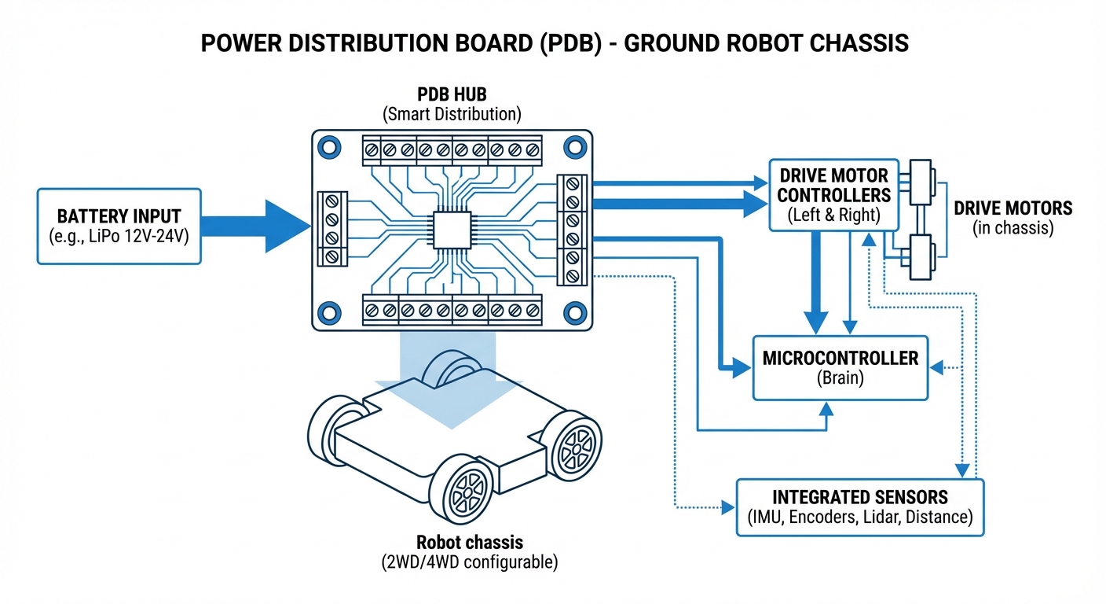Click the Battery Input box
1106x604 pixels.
119,226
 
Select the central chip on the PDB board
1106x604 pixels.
449,230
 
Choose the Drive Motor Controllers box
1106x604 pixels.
833,194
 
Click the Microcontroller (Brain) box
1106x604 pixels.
840,368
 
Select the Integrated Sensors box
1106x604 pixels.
859,507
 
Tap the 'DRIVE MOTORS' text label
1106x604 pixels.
1013,208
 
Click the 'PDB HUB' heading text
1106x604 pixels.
451,96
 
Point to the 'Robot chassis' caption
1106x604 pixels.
470,543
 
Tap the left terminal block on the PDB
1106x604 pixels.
331,229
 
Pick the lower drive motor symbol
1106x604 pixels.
920,256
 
